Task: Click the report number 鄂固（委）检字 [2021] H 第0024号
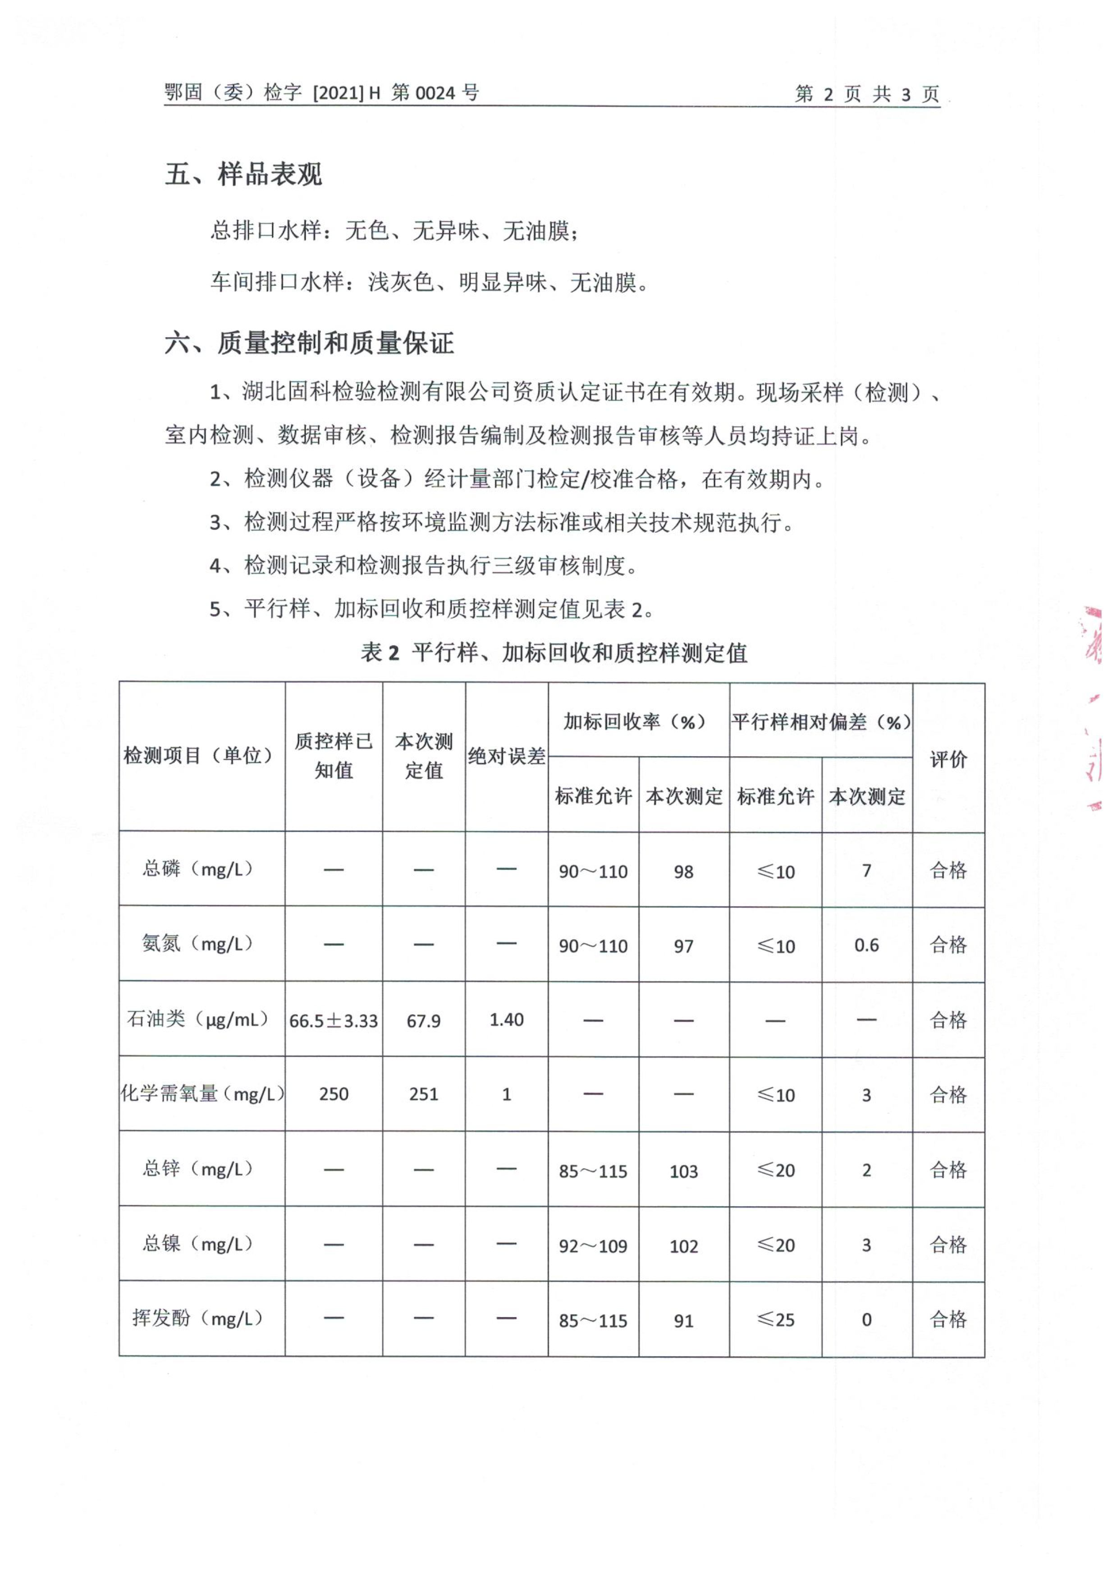(321, 92)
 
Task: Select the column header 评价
(948, 759)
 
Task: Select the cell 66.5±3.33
(334, 1020)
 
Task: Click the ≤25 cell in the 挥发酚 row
(775, 1320)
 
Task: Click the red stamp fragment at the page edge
(1094, 709)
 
